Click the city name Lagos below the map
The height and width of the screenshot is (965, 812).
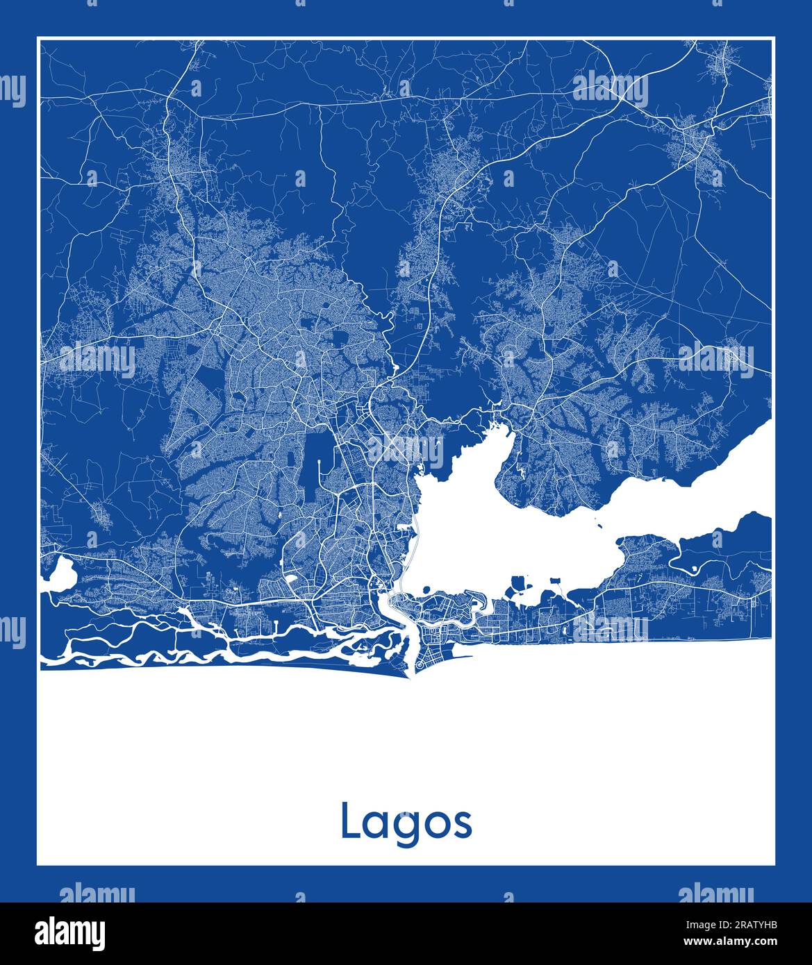point(406,823)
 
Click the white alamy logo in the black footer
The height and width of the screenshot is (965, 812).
point(70,933)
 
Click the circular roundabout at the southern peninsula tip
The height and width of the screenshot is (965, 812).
point(420,666)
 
